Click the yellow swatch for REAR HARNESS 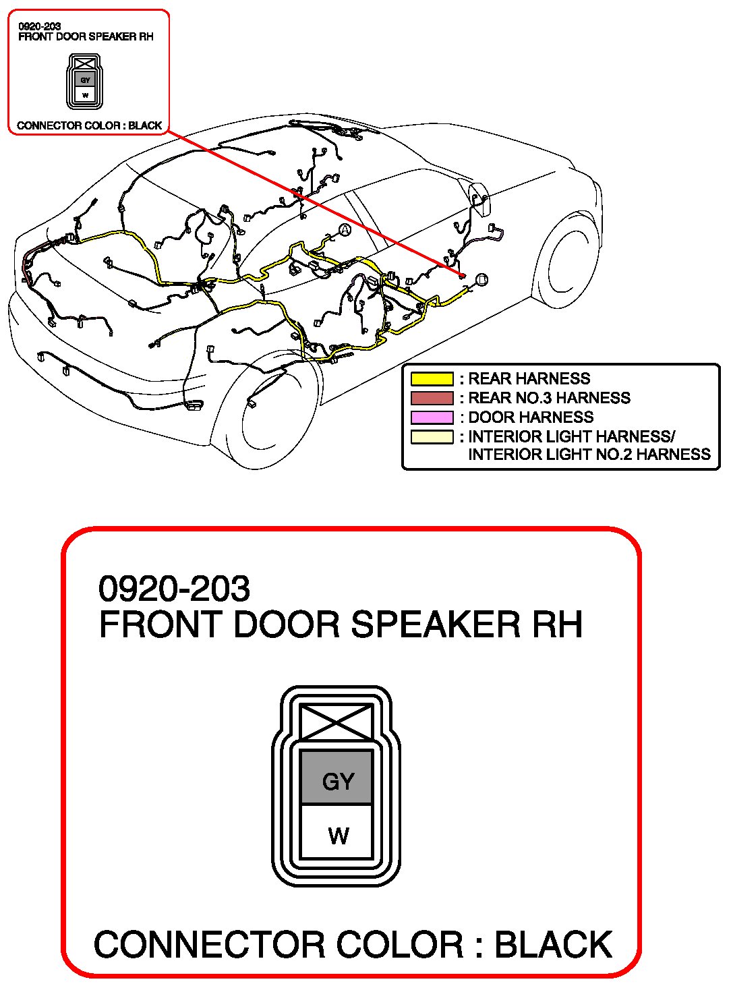click(432, 379)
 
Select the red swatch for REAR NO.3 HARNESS click(432, 399)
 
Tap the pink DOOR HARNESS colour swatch click(432, 417)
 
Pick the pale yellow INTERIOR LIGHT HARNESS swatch click(432, 437)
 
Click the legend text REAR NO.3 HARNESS click(549, 398)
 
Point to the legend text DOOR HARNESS click(531, 417)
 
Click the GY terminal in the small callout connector click(85, 80)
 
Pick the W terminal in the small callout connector click(85, 94)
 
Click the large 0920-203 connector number click(174, 589)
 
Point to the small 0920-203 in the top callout click(39, 27)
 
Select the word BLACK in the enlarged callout click(553, 944)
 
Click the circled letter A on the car click(345, 231)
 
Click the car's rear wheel click(270, 411)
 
